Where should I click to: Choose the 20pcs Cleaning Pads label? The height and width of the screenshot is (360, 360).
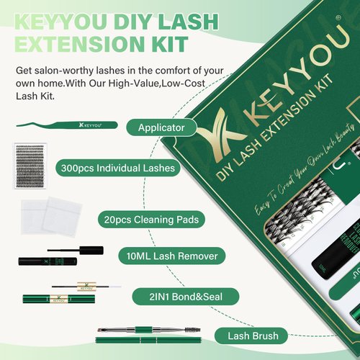click(x=147, y=217)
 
